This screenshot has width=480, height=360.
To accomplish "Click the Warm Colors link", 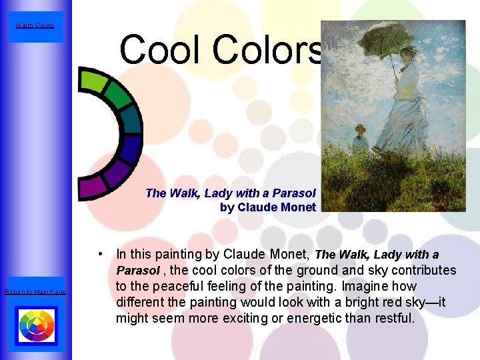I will pos(35,26).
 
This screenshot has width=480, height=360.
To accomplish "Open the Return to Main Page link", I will pos(35,292).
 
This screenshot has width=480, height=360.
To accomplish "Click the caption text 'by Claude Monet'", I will pos(267,207).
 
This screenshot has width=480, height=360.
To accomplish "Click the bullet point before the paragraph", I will pos(99,254).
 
